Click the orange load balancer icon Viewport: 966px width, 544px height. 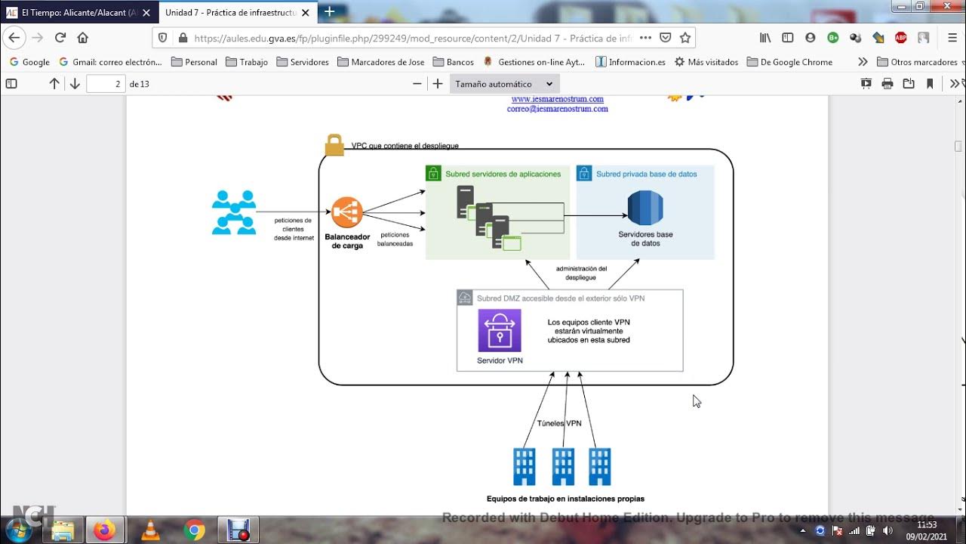347,212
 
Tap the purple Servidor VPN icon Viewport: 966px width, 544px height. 500,330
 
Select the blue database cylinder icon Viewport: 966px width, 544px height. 645,208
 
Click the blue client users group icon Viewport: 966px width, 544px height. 234,212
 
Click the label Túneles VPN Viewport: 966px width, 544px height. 558,423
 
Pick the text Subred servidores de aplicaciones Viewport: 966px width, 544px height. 503,174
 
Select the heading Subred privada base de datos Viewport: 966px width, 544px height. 646,174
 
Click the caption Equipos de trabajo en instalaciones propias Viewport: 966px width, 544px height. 565,499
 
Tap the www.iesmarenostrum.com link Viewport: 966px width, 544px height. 557,99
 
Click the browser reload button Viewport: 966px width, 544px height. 60,38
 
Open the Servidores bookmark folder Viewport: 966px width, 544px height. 303,62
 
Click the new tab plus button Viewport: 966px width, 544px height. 329,12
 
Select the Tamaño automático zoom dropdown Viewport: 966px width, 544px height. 504,84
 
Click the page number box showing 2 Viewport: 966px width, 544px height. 106,84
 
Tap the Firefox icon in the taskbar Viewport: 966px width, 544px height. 104,530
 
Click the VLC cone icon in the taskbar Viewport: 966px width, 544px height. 151,530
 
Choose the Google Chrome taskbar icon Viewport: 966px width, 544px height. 194,530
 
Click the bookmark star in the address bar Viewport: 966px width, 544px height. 685,38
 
